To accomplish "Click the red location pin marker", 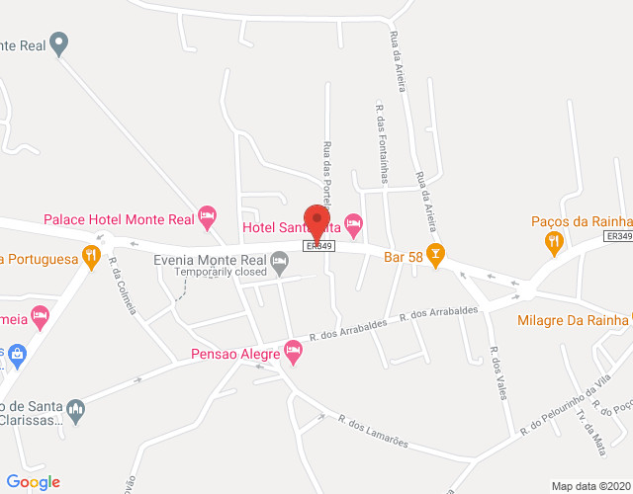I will coord(316,220).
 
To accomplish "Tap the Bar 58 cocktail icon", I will coord(433,253).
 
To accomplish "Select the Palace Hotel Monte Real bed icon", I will coord(207,214).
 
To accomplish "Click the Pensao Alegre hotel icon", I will coord(292,349).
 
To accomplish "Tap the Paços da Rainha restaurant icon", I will coord(554,240).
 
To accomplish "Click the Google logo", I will coord(33,482).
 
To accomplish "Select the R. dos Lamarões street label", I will coord(373,432).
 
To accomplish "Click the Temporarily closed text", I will coord(222,272).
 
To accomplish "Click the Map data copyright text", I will coord(590,485).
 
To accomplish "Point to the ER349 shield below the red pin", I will coord(316,246).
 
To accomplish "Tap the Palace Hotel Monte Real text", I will coord(119,218).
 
